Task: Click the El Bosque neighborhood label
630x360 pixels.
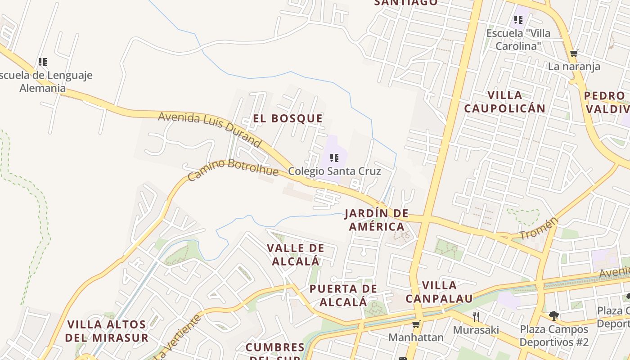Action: pyautogui.click(x=288, y=118)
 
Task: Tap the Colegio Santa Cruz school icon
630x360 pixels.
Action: pyautogui.click(x=334, y=157)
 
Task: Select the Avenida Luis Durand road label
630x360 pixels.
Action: pyautogui.click(x=209, y=129)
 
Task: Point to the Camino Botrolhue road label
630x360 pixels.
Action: pyautogui.click(x=233, y=170)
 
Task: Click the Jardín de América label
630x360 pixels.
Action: pyautogui.click(x=377, y=220)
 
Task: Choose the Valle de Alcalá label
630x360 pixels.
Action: pyautogui.click(x=296, y=254)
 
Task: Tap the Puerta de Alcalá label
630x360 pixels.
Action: pyautogui.click(x=343, y=295)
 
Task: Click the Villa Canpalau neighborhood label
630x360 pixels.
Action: pyautogui.click(x=439, y=292)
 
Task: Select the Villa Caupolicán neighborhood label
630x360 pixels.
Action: pyautogui.click(x=505, y=102)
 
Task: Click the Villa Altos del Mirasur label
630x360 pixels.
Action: pyautogui.click(x=107, y=331)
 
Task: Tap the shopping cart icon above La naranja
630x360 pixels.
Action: pyautogui.click(x=574, y=54)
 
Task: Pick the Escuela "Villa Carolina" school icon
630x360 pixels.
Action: pyautogui.click(x=518, y=20)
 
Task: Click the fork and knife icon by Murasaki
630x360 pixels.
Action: pyautogui.click(x=476, y=316)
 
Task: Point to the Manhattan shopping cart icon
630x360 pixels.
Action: pyautogui.click(x=416, y=324)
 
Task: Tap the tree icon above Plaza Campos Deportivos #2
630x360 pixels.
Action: pyautogui.click(x=554, y=315)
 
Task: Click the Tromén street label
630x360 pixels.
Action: pyautogui.click(x=539, y=228)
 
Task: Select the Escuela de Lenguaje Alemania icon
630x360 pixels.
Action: pyautogui.click(x=43, y=62)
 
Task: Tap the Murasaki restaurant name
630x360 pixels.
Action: pyautogui.click(x=476, y=330)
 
